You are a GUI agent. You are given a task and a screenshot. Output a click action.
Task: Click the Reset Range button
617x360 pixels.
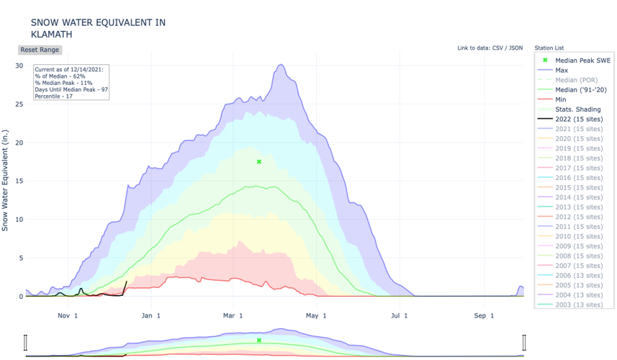click(x=40, y=50)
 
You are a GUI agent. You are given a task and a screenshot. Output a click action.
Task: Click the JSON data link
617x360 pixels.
click(x=515, y=48)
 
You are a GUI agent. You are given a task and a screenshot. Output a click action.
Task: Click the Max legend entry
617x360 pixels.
click(x=562, y=71)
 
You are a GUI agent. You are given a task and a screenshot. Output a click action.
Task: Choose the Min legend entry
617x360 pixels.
click(x=561, y=99)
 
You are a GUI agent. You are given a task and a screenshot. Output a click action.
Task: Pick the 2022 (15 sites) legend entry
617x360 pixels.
click(x=579, y=119)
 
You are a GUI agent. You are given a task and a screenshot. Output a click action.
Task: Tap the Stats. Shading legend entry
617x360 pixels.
click(x=577, y=109)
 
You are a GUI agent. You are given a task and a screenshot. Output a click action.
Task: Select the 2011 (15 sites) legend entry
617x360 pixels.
click(x=579, y=226)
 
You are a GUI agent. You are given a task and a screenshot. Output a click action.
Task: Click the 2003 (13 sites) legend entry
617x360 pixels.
click(x=579, y=305)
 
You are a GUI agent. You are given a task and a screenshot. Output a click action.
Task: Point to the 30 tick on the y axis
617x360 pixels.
click(x=19, y=66)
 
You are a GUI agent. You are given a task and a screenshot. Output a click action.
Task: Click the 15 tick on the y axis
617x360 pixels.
click(x=19, y=181)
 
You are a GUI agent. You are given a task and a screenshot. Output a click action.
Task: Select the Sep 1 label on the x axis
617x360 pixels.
click(x=484, y=315)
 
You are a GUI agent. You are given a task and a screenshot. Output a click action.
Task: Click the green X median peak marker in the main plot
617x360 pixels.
click(x=259, y=162)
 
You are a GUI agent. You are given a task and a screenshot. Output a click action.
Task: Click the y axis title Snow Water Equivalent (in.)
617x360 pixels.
click(x=6, y=180)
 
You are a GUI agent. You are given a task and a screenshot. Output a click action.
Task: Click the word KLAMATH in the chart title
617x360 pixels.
click(x=51, y=35)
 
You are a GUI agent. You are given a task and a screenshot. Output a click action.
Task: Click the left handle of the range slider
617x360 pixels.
click(x=26, y=342)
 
